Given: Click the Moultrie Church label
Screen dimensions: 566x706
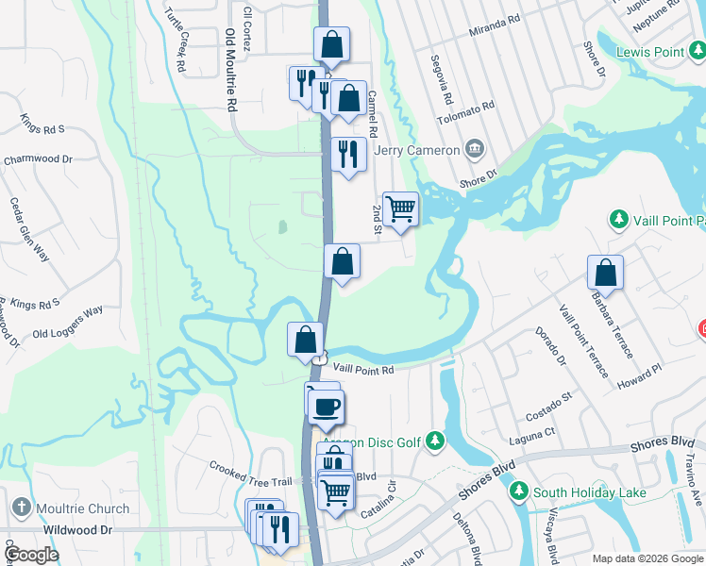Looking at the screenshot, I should (83, 509).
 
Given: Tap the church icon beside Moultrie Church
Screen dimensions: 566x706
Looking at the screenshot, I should (22, 509).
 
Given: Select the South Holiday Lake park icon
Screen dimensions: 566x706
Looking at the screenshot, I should (518, 491).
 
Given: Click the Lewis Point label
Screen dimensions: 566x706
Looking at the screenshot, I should (650, 51).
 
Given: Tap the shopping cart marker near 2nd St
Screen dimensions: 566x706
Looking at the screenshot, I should (401, 208).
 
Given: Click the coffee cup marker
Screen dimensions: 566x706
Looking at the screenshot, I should (327, 407).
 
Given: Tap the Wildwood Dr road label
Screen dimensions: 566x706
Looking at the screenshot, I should (77, 531).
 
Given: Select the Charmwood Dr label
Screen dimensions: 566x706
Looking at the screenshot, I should (38, 159).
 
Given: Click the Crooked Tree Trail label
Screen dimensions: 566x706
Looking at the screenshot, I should (249, 470).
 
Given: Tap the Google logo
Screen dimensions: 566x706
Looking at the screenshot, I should (32, 555).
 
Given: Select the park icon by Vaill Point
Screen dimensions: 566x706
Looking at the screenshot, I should (619, 219).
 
